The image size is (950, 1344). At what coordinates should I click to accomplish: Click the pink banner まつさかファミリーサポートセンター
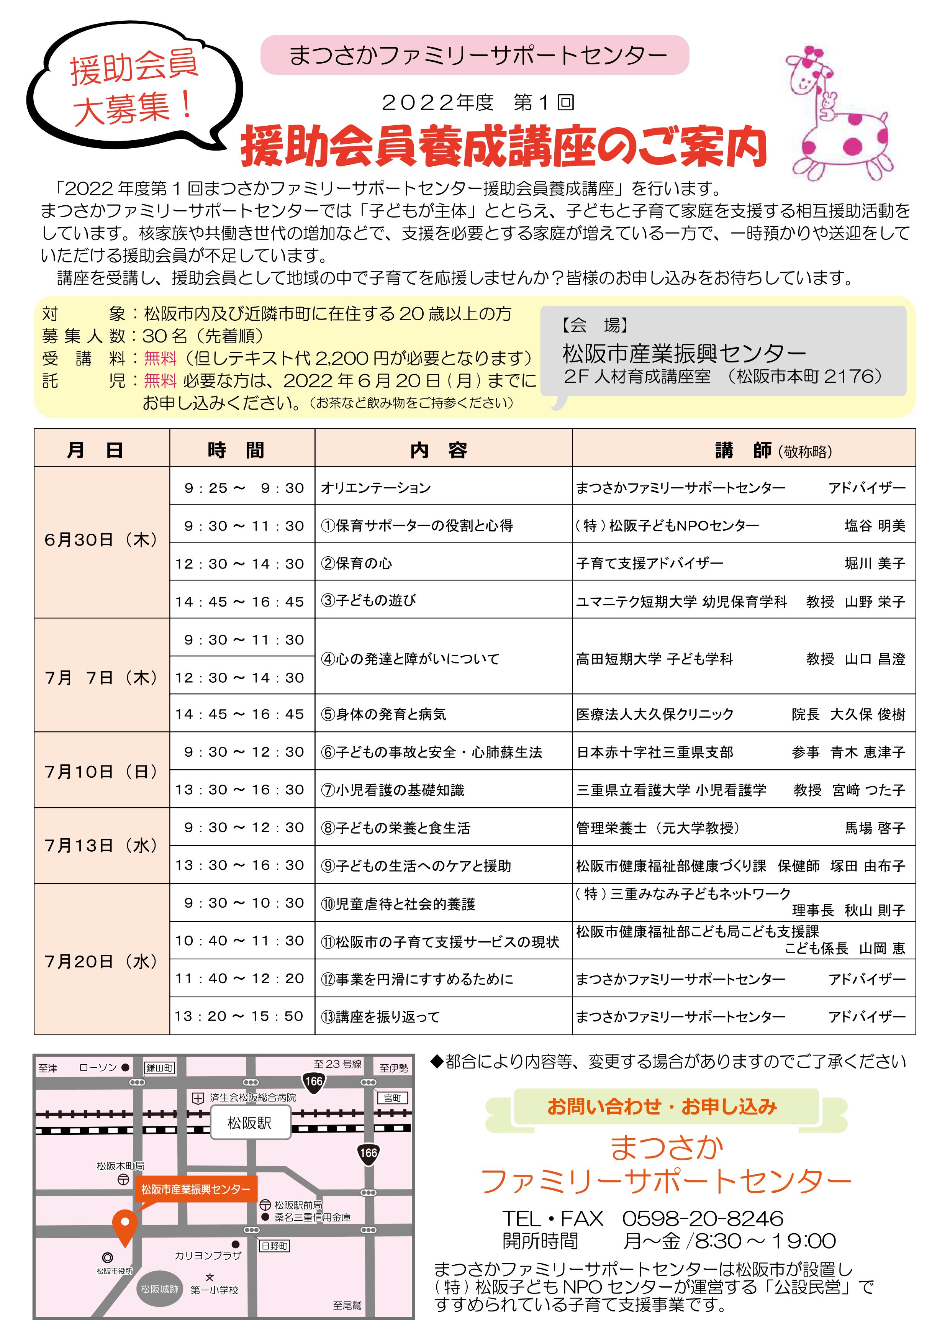tap(474, 55)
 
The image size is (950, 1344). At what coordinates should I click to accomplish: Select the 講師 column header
tap(744, 450)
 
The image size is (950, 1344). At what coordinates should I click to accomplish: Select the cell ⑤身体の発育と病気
tap(383, 714)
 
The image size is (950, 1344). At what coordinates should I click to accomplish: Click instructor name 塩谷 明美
tap(875, 526)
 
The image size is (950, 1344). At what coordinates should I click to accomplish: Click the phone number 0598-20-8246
tap(703, 1219)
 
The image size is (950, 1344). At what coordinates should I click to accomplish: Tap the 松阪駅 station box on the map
tap(250, 1123)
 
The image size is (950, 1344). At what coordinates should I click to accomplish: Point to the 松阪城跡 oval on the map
tap(159, 1288)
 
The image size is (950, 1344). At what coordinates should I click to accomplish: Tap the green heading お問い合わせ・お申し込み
tap(662, 1107)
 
